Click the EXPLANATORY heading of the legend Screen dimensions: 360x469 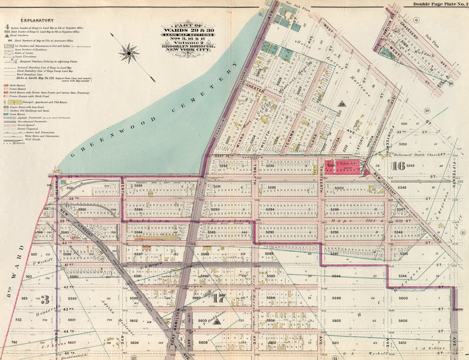coord(36,20)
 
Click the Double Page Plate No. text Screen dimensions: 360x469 coord(438,4)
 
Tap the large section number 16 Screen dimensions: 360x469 coord(399,166)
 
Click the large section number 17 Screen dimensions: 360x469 coord(219,299)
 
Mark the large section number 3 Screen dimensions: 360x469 coord(45,300)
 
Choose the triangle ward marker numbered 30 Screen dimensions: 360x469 coord(217,322)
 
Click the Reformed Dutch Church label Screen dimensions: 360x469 coord(419,155)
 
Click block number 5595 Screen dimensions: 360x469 coord(72,299)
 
